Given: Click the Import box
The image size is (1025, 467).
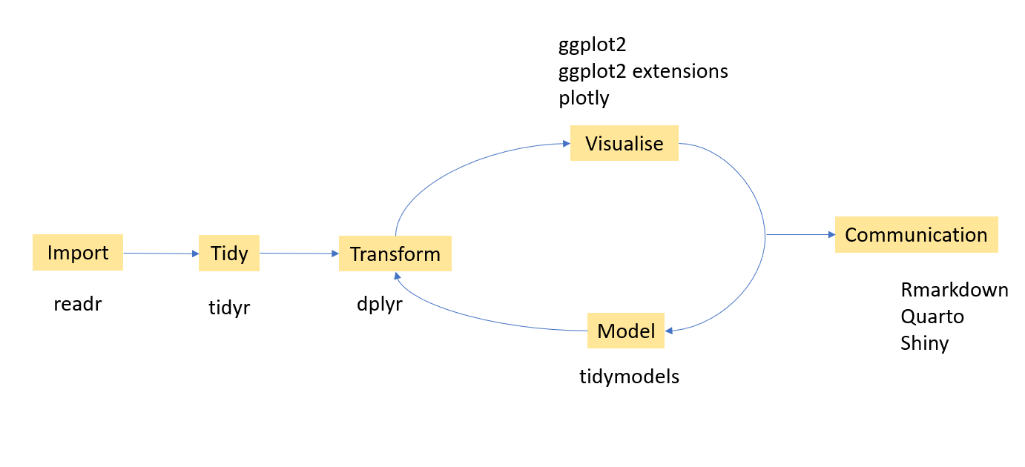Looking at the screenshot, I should [x=77, y=253].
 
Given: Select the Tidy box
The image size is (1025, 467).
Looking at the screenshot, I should [x=229, y=253].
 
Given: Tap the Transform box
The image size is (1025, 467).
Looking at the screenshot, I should [x=395, y=254].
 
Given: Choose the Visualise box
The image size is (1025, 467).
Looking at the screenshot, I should [x=624, y=143].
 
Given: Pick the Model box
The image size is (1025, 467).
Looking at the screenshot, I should [x=626, y=331].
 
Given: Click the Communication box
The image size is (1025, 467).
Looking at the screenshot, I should [x=916, y=235].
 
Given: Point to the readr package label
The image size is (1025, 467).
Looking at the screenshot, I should [x=77, y=304].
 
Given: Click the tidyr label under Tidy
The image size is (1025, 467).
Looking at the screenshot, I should [x=229, y=308].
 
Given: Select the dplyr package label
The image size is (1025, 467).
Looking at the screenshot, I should [x=379, y=304].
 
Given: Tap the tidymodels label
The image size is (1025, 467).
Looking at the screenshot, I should [x=629, y=377].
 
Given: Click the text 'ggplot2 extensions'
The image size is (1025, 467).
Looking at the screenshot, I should [x=643, y=71].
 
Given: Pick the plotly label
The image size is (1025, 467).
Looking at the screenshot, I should [x=584, y=98].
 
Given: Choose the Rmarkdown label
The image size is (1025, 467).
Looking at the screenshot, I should [x=955, y=289].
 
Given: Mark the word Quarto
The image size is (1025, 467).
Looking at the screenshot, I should [x=932, y=317].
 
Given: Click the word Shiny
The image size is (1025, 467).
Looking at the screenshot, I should [x=924, y=343].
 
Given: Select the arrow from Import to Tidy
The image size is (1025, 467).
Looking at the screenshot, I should [x=160, y=254].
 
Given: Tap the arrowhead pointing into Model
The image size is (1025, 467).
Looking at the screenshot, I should [x=669, y=331].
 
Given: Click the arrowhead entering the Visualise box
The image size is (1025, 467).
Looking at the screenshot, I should [x=565, y=144].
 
